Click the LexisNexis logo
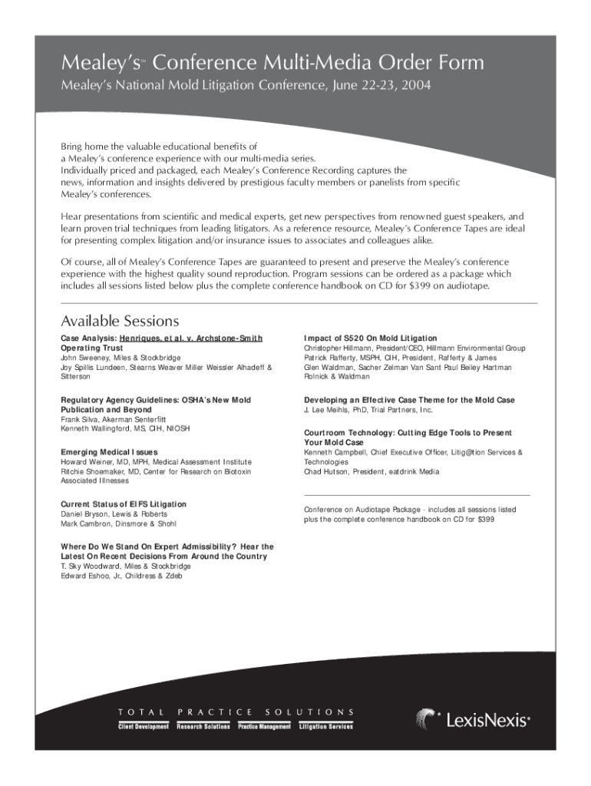point(473,720)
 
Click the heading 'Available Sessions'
point(120,321)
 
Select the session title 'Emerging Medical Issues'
point(109,452)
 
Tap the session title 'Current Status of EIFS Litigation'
point(124,504)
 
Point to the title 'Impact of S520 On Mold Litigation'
point(371,339)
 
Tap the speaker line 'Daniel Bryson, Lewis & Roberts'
point(114,514)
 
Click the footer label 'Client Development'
point(143,727)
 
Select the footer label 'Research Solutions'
point(203,727)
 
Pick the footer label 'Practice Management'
point(264,727)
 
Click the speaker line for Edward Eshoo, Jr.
point(121,576)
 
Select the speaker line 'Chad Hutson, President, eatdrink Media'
point(371,472)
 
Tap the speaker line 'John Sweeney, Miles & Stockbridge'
point(121,358)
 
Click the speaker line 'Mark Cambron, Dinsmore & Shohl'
point(118,524)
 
